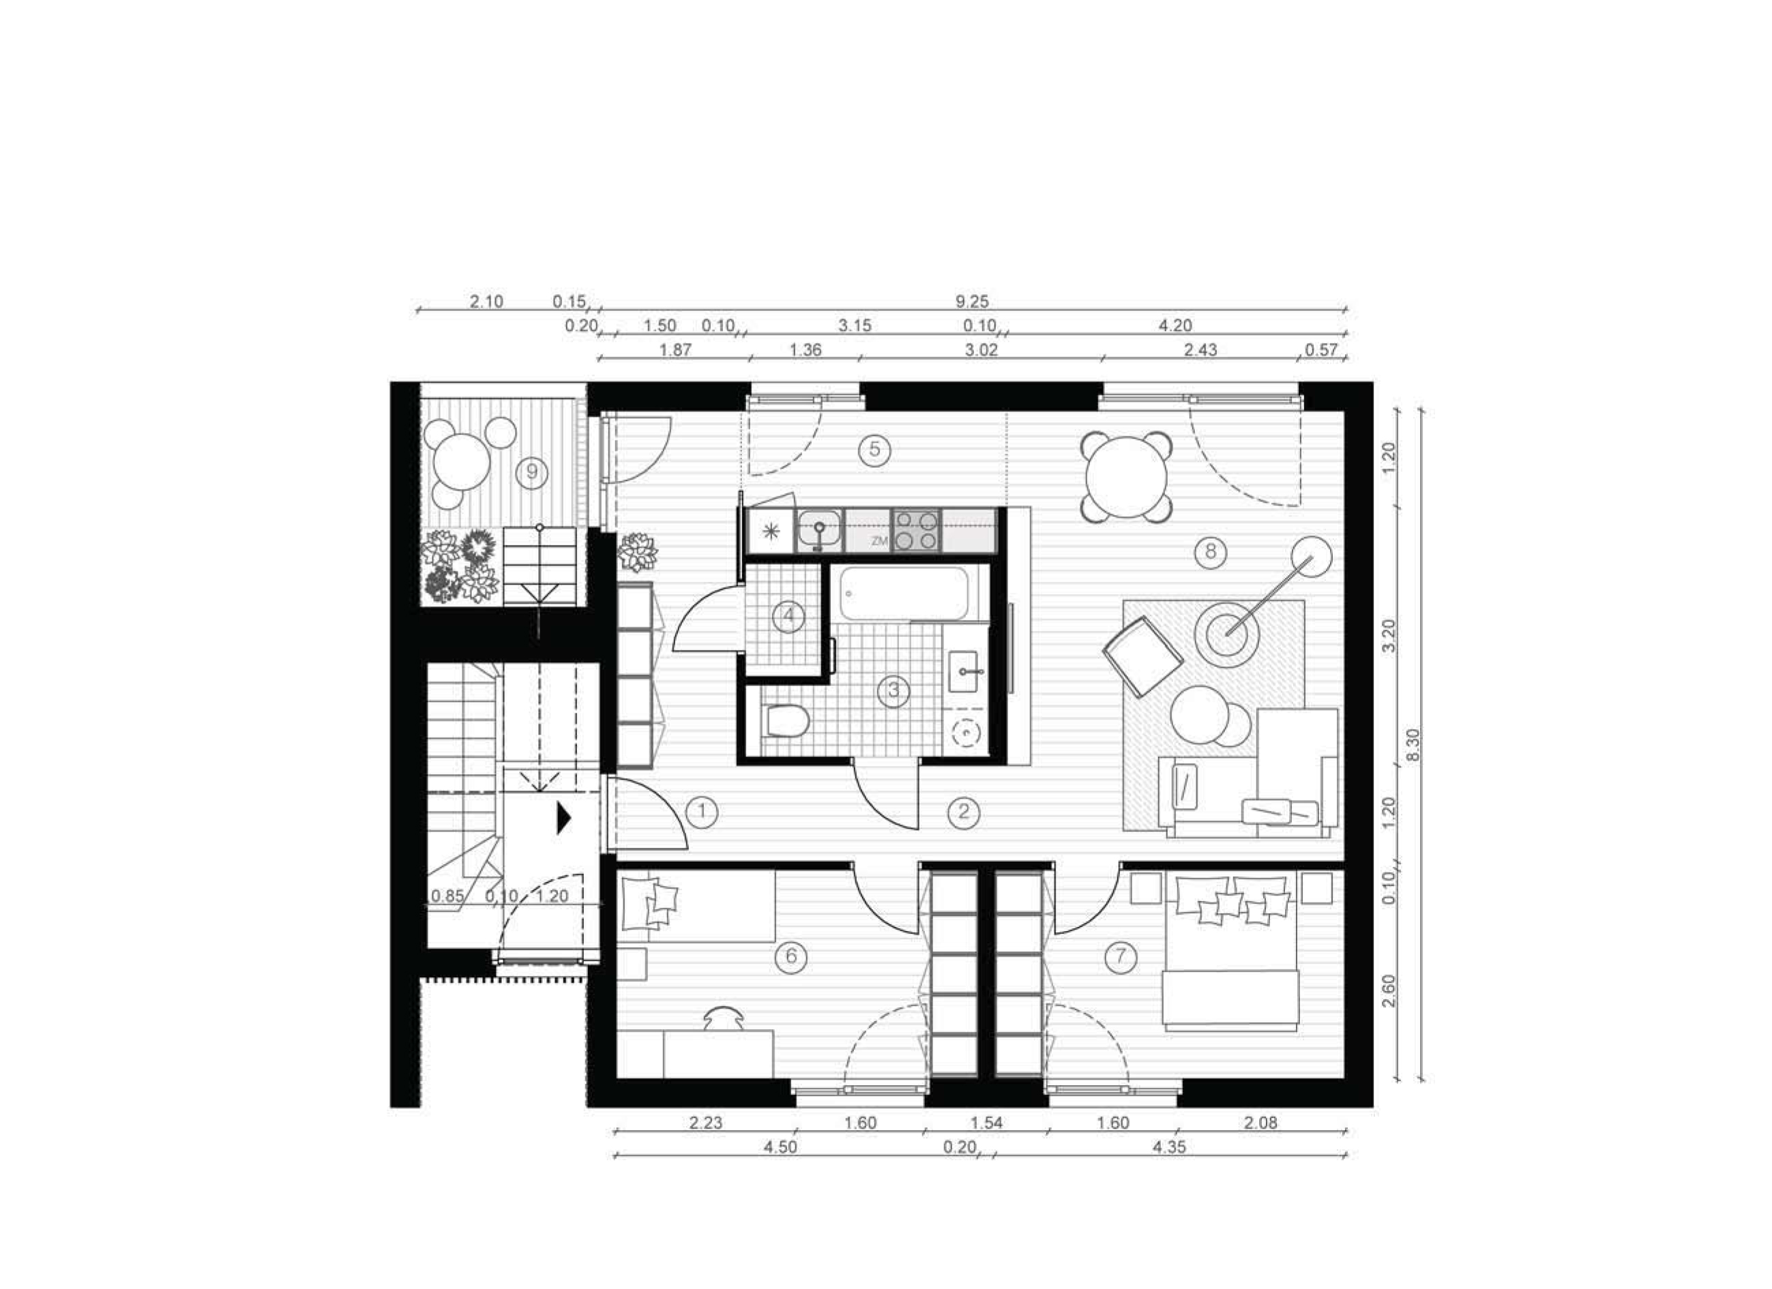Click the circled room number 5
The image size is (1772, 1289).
874,449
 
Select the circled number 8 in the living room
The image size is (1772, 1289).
1210,552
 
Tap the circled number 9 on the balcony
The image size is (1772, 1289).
532,472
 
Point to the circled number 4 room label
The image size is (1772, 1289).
788,617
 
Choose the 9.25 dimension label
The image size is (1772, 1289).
973,301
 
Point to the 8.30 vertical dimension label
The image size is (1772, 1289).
1413,747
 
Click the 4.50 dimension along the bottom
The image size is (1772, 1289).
780,1148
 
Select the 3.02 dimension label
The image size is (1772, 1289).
981,350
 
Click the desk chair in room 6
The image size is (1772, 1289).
724,1019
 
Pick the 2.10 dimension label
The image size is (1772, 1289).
486,301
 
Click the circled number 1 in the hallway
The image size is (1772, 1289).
702,812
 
